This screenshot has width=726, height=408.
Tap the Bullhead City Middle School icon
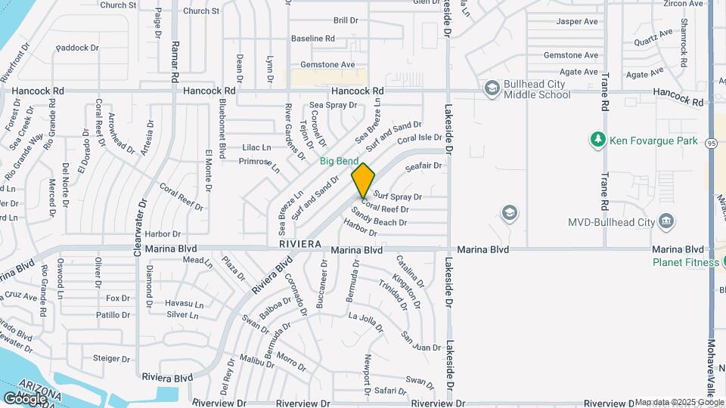coord(492,89)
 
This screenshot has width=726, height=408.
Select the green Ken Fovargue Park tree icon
coord(597,139)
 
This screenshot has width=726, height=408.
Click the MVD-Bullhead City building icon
coord(665,222)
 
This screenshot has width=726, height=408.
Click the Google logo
coord(24,398)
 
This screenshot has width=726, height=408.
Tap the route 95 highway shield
coord(712,143)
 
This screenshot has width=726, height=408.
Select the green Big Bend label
coord(339,161)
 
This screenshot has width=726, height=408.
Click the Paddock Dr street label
coord(77,48)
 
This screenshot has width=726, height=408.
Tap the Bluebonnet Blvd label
coord(222,128)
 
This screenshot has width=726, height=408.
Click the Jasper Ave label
coord(577,21)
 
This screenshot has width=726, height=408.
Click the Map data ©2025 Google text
coord(678,402)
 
